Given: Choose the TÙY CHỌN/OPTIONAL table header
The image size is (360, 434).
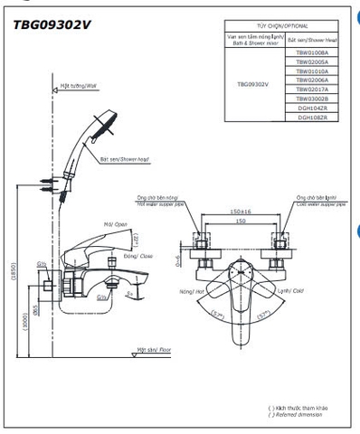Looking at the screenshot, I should (282, 27).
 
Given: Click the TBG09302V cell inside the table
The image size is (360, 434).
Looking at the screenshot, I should (252, 83).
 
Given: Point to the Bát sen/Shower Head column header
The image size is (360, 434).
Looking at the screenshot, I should (313, 41).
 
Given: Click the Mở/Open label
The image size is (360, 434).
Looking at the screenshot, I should (113, 224).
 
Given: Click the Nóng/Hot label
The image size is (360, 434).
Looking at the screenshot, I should (192, 291).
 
